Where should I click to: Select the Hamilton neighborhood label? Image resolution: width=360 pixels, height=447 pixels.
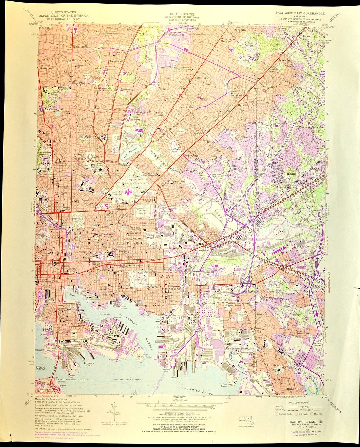pos(201,77)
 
